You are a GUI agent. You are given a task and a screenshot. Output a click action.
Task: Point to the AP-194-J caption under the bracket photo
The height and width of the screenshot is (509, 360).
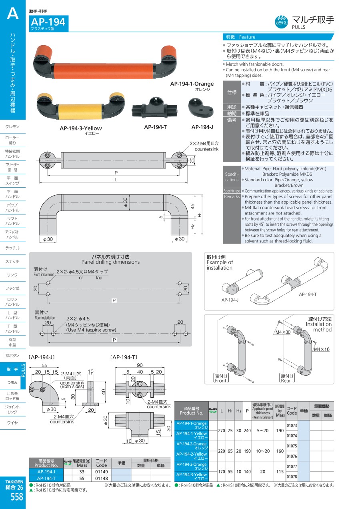202,127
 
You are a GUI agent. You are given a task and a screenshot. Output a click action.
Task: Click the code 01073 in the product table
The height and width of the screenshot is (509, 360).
292,425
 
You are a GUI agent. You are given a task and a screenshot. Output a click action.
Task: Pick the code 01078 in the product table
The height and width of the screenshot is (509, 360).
292,477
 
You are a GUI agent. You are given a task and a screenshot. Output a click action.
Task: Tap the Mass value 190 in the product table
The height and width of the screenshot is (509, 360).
280,431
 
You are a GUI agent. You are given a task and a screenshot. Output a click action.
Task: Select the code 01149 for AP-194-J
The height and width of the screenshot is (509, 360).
102,471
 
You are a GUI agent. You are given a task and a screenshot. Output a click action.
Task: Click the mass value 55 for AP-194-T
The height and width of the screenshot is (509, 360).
82,478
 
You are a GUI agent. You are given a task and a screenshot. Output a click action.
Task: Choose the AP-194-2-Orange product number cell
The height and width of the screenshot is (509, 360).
192,446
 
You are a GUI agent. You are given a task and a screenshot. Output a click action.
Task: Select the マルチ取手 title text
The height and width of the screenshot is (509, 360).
313,20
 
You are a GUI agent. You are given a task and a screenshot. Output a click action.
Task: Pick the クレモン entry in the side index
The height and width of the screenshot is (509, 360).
12,127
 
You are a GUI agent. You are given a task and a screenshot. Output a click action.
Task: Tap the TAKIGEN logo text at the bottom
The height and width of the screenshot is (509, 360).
14,481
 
